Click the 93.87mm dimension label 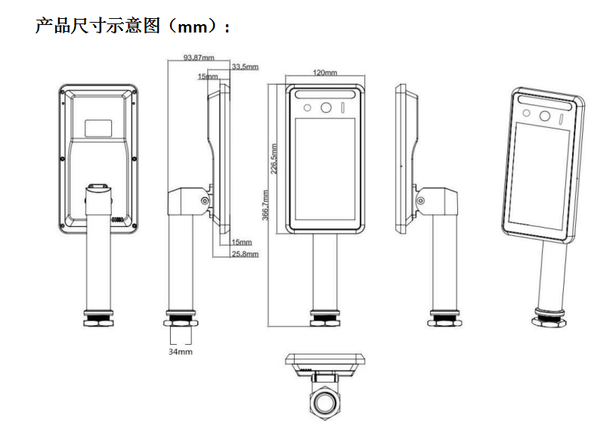click(x=198, y=57)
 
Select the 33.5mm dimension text click(x=245, y=67)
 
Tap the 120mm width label click(x=325, y=73)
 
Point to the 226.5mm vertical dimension click(x=274, y=159)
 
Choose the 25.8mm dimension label click(x=245, y=254)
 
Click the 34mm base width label click(x=180, y=352)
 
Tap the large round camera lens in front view click(x=326, y=108)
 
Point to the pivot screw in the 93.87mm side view click(x=204, y=200)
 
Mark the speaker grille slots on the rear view click(x=118, y=219)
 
